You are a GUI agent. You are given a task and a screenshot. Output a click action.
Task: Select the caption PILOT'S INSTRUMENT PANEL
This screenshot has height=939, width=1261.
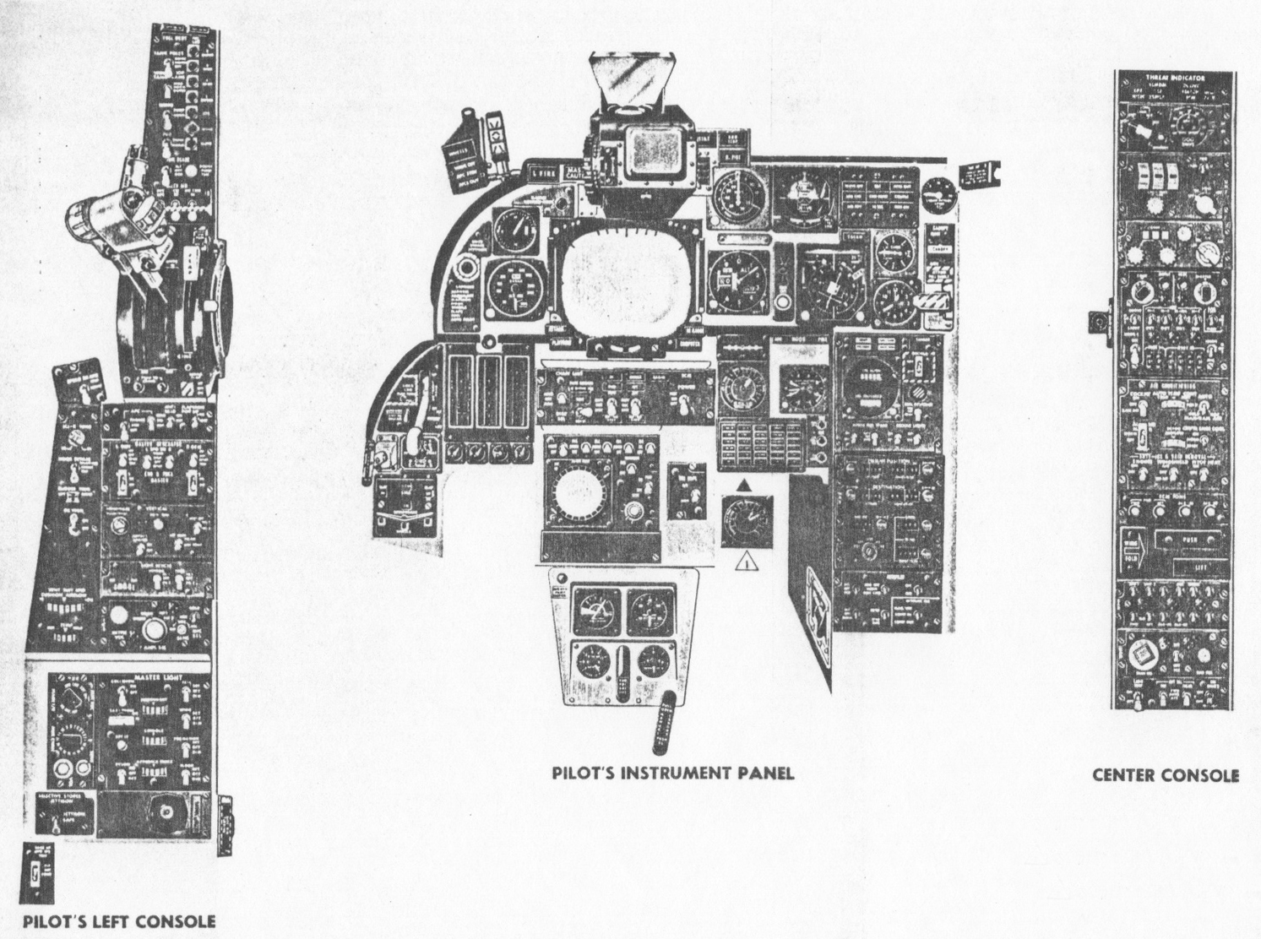[673, 773]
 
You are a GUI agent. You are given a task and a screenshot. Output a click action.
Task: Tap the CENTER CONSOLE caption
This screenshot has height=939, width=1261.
[1166, 775]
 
